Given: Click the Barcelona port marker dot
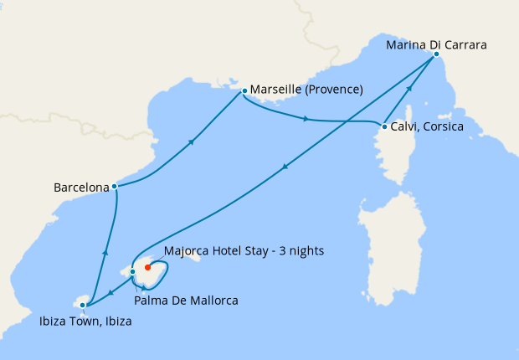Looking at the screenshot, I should point(114,186).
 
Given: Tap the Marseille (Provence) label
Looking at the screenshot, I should point(306,90).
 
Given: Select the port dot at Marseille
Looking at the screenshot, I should point(244,90).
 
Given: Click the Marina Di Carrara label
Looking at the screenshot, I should point(436,44).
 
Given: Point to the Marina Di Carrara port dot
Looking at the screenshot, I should point(436,54).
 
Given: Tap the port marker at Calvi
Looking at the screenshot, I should point(384,127).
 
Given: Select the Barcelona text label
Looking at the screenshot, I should point(81,188).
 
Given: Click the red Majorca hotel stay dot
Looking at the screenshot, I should point(147,268).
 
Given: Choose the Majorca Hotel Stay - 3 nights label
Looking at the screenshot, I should point(244,250).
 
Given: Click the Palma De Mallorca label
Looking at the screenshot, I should point(188,300).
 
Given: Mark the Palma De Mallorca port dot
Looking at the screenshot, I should point(132,271).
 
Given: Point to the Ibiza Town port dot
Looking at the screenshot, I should point(82,306).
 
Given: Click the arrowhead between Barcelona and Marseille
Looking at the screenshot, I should point(193,141).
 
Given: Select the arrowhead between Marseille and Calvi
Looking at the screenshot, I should point(306,120).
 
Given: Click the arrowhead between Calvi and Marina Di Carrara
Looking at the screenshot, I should point(410,89).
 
